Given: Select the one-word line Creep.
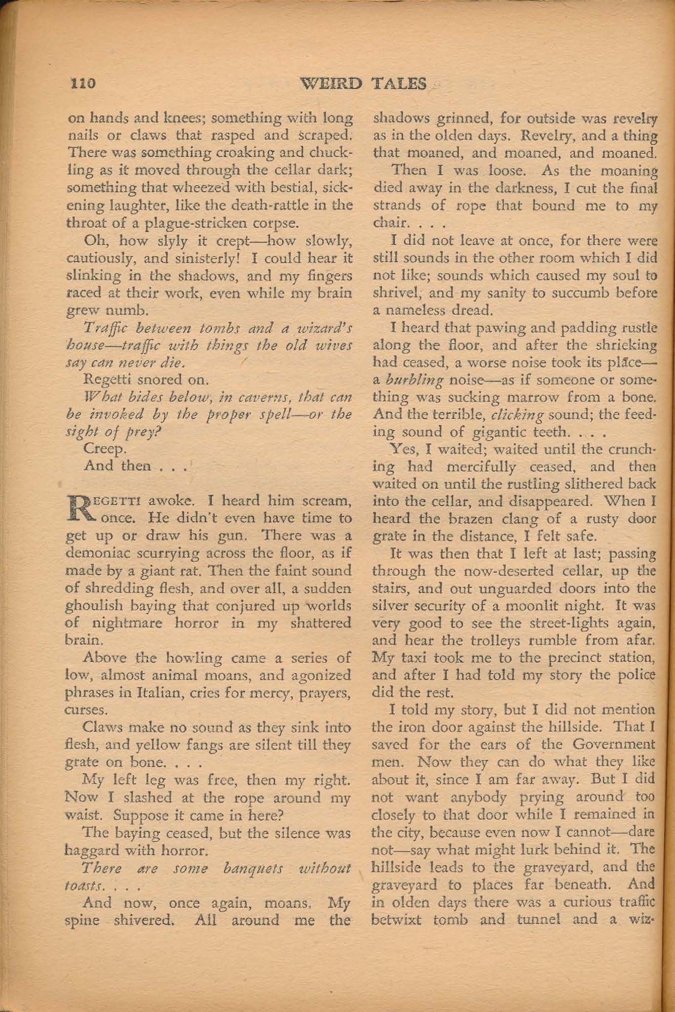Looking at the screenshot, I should coord(101,448).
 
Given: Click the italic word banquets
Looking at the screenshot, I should coord(245,868).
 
